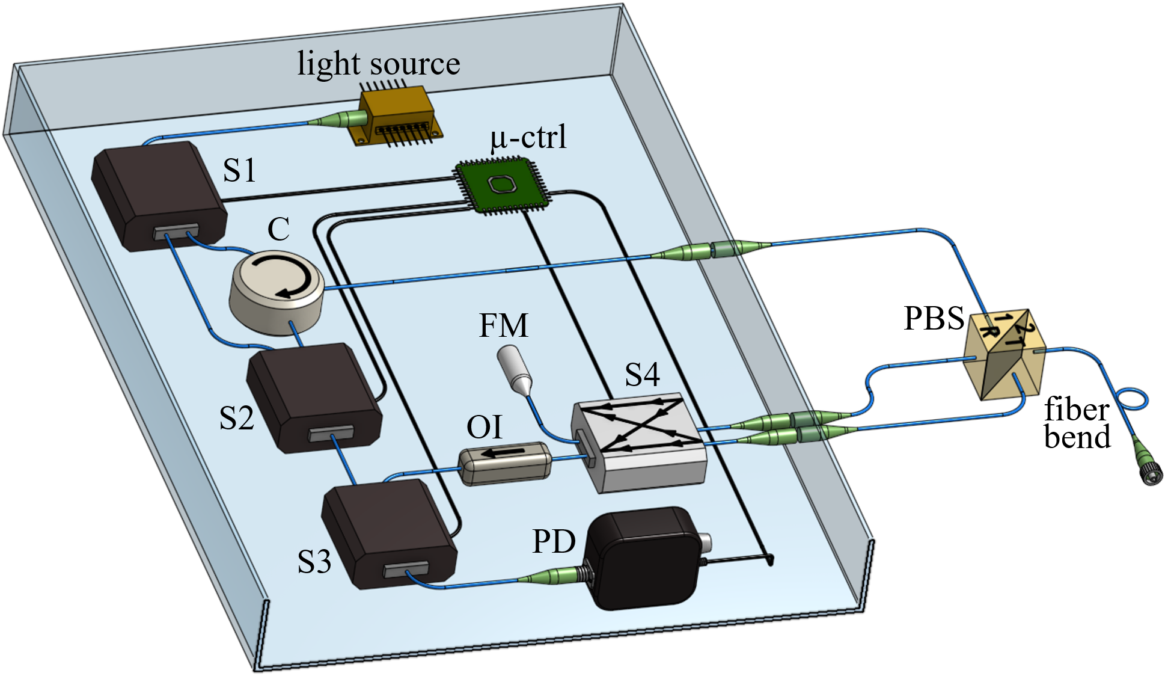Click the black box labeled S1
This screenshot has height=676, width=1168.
(159, 195)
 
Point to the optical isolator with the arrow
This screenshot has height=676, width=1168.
(506, 463)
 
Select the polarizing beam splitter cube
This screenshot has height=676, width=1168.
(1005, 354)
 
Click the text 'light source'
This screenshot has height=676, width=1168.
(379, 64)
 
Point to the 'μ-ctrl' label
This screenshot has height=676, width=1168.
(528, 138)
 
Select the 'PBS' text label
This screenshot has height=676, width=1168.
(934, 318)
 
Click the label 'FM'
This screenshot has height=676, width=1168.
(503, 325)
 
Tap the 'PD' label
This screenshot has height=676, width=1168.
(554, 541)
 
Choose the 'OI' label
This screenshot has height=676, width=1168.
(484, 427)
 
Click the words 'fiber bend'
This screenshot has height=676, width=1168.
(1077, 423)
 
